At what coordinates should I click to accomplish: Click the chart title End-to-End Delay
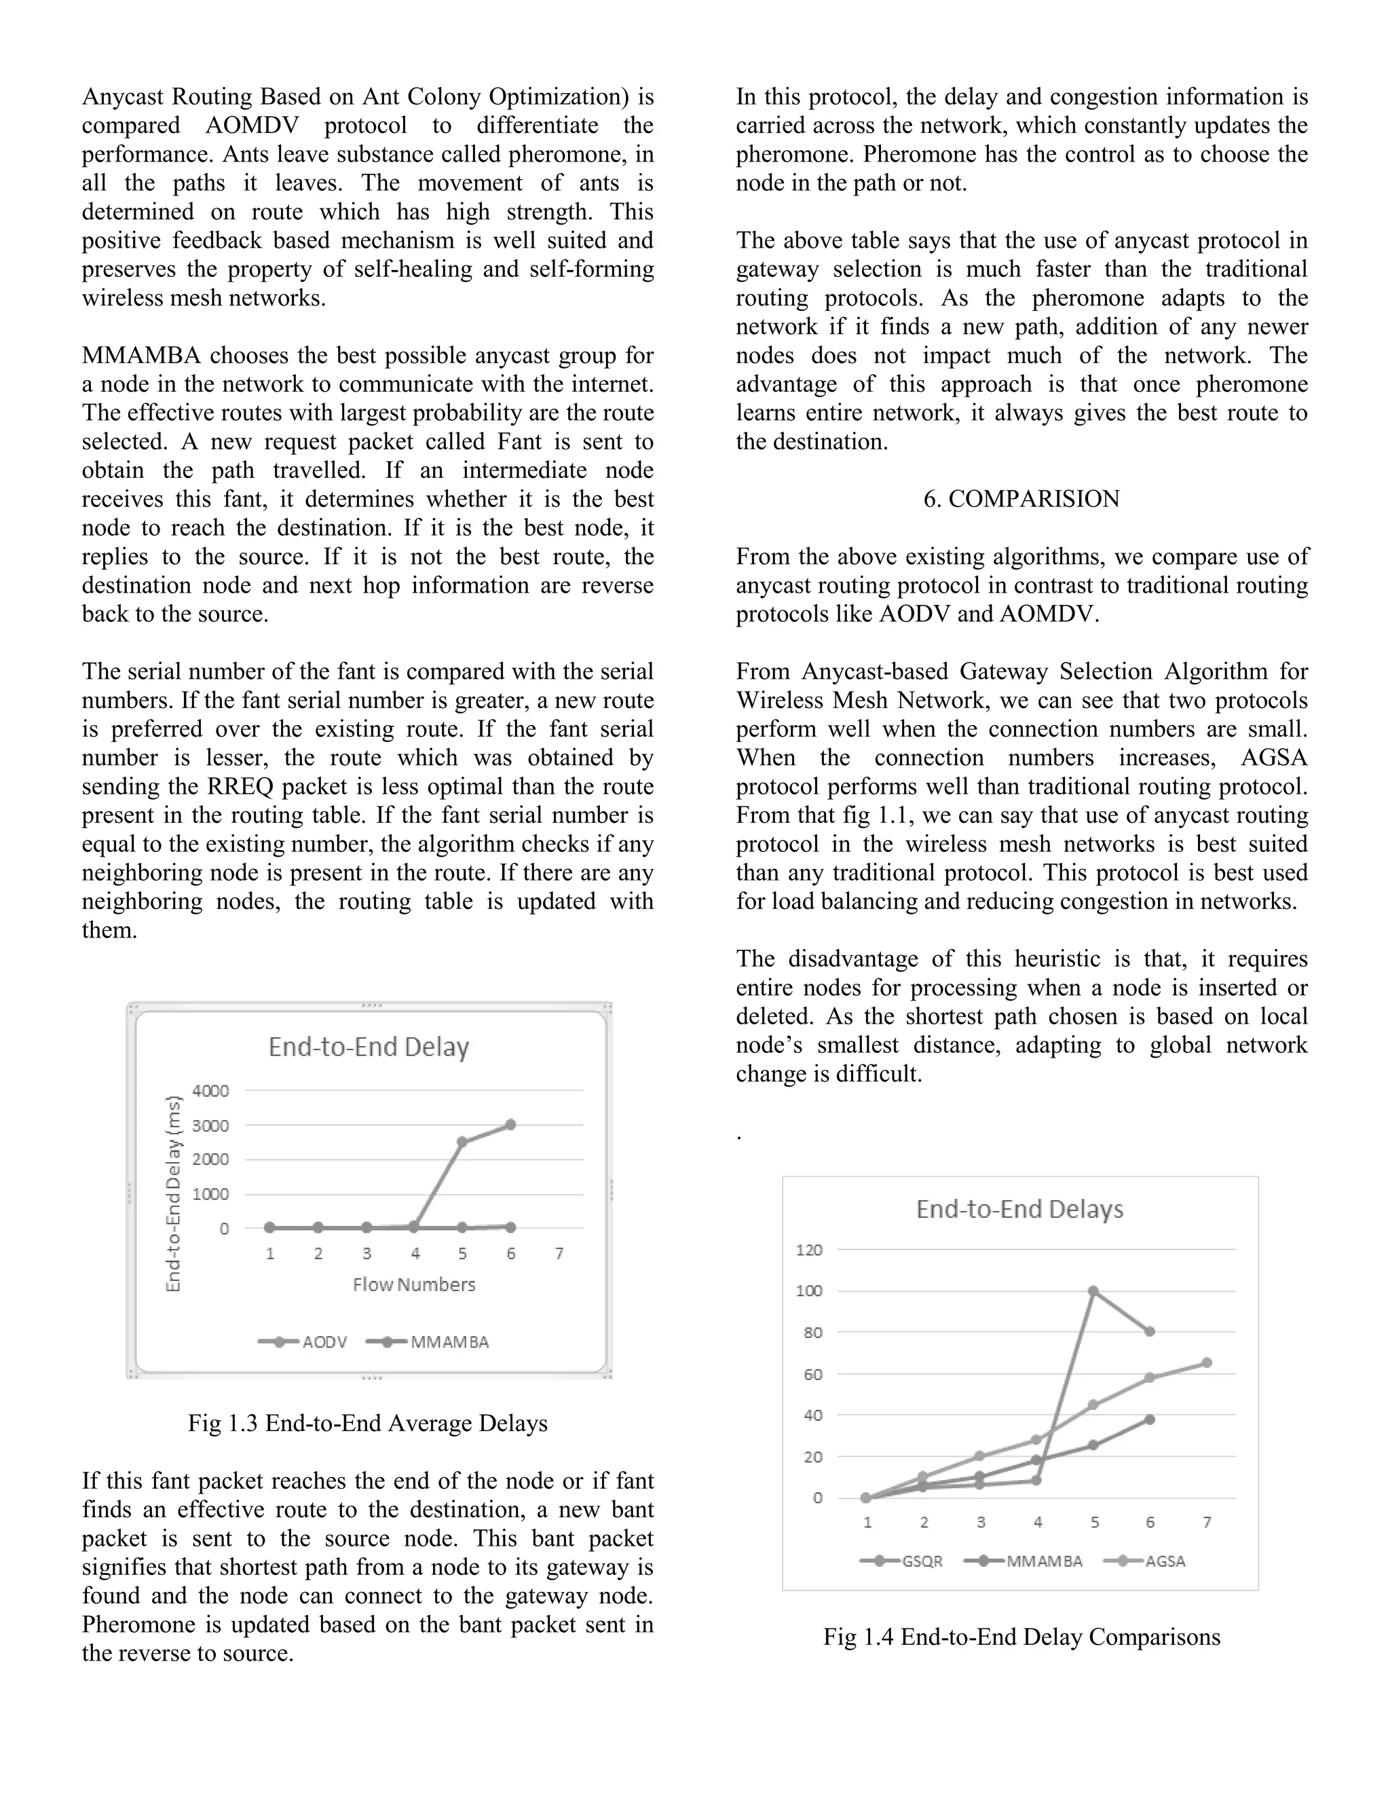(368, 1047)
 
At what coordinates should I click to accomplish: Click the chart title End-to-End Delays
(1019, 1209)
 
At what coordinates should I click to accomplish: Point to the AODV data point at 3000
(510, 1124)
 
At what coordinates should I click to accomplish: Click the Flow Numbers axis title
(413, 1285)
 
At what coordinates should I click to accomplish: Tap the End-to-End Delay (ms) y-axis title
(173, 1193)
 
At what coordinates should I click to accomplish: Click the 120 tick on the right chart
(808, 1250)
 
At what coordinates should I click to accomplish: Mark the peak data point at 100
(1093, 1291)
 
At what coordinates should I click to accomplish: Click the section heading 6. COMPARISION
(1021, 499)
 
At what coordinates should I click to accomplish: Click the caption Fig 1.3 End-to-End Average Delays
(367, 1424)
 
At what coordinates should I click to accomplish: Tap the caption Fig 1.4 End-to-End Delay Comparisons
(1021, 1637)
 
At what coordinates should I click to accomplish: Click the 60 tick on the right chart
(812, 1374)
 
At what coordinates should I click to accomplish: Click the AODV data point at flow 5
(462, 1142)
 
